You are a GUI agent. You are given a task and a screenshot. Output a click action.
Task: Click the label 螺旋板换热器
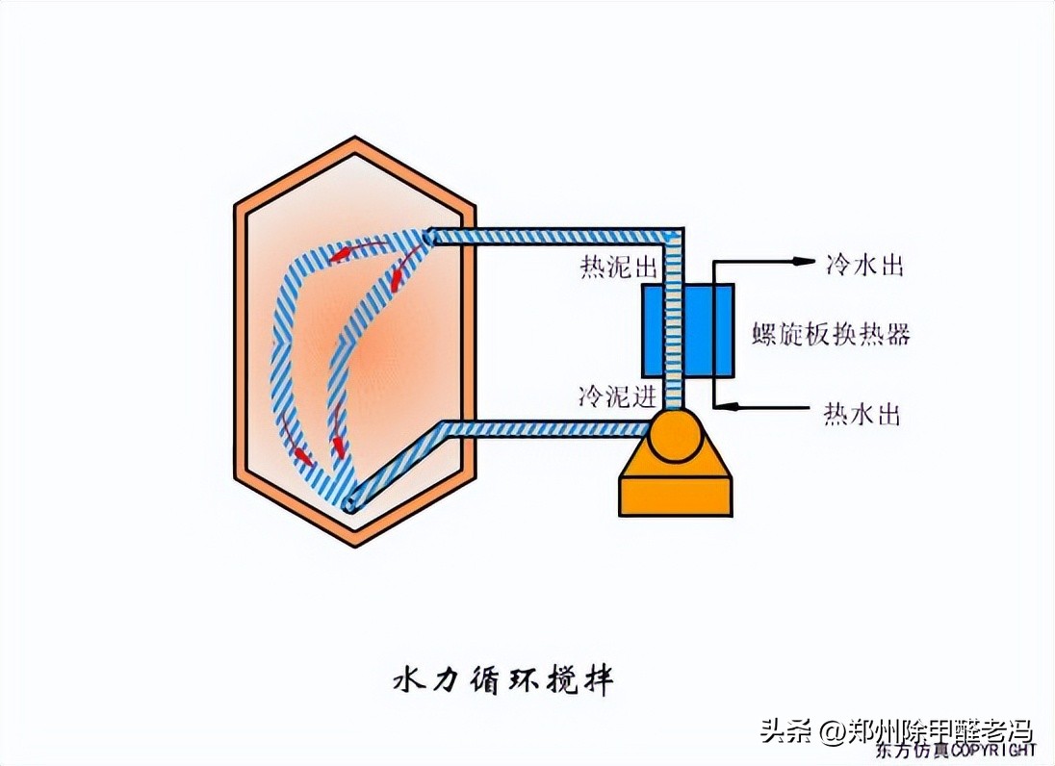831,335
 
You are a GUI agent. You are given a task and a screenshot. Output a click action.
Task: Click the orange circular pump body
675,436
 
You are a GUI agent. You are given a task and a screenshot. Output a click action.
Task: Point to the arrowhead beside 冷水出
802,260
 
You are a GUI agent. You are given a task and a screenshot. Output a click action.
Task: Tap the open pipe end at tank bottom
354,502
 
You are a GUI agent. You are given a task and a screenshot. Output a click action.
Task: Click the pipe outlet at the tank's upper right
429,236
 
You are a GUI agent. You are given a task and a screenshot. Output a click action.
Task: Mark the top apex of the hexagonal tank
355,141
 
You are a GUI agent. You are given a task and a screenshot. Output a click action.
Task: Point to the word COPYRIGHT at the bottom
996,749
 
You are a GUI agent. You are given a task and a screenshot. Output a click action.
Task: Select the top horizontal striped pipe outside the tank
553,235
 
